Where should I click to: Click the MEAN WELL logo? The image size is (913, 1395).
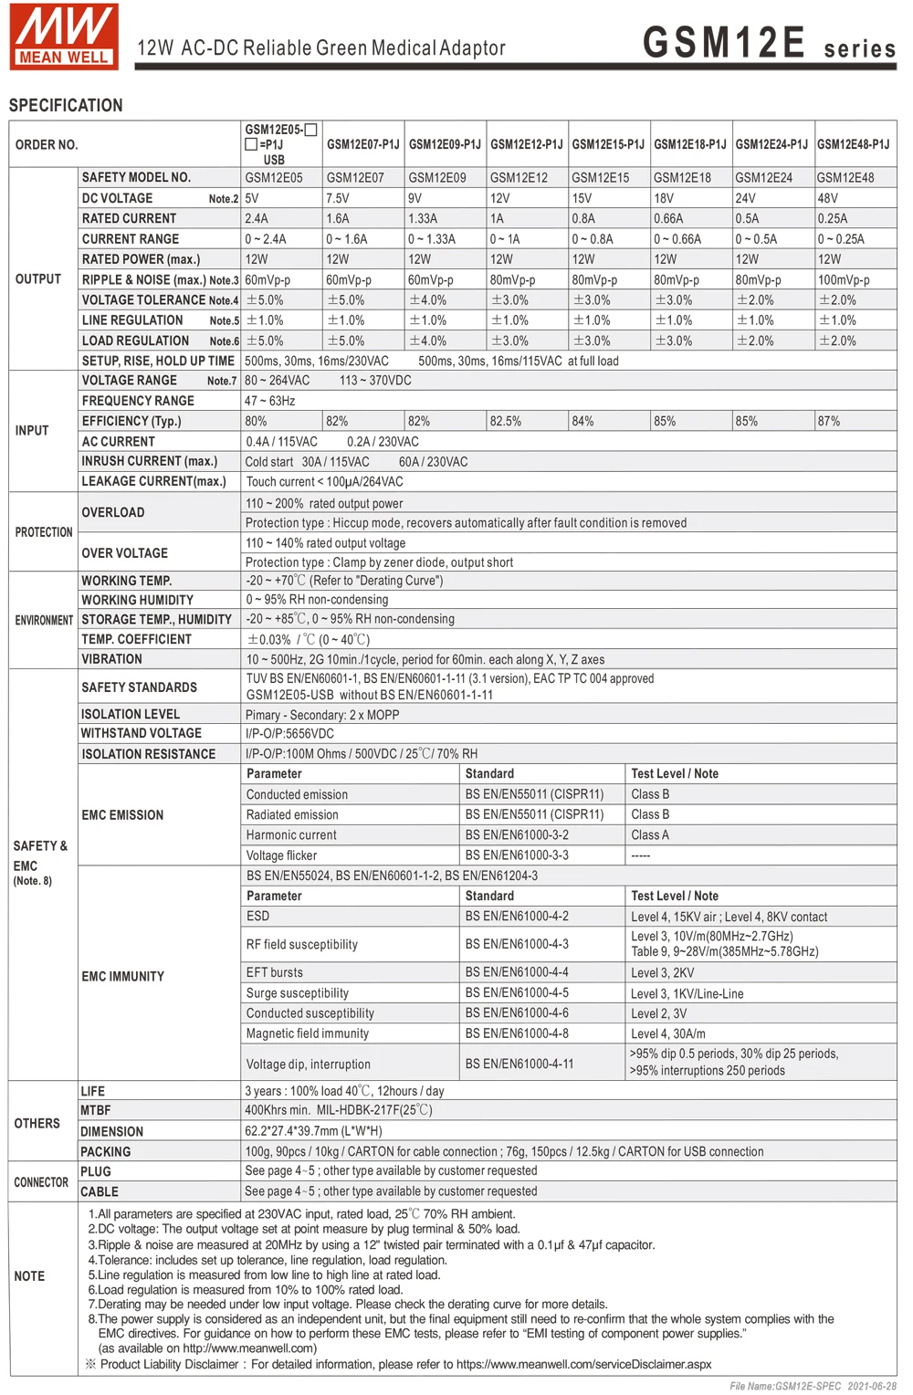coord(64,37)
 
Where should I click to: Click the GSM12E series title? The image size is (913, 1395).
coord(769,44)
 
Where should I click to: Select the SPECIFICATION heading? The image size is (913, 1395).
coord(66,105)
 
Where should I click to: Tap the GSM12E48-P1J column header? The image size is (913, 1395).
coord(853,144)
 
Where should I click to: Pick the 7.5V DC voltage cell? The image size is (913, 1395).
coord(338,198)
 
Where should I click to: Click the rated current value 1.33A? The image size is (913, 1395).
coord(423,218)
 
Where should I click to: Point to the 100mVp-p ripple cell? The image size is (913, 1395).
coord(844,279)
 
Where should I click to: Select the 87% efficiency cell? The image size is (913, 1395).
coord(829,421)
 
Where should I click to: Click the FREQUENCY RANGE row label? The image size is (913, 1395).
coord(138,401)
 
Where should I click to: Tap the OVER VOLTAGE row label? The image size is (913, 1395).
coord(125,553)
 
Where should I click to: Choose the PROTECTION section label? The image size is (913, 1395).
coord(44,532)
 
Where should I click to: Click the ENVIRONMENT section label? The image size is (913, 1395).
coord(44,620)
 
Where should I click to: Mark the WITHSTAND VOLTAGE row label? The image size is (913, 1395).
coord(142,733)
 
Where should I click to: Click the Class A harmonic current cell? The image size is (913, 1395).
coord(650,834)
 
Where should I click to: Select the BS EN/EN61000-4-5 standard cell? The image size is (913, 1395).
coord(517,992)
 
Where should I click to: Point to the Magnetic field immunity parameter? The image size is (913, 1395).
coord(308,1033)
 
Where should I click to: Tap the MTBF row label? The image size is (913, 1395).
coord(96,1110)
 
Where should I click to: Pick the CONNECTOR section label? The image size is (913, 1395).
coord(41,1182)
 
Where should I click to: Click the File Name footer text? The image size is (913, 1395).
coord(813,1386)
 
